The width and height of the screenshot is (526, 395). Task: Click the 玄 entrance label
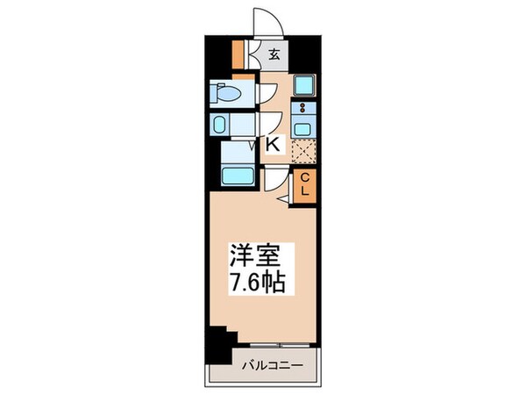coord(274,54)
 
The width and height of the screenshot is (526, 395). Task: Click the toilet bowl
coord(230,92)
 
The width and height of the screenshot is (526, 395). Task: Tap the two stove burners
coord(303,109)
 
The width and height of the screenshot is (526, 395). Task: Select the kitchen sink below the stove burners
coord(303,129)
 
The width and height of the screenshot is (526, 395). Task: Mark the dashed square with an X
coord(302,152)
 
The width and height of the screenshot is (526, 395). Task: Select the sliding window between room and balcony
coord(272,341)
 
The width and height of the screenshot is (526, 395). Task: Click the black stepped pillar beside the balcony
coord(217,338)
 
